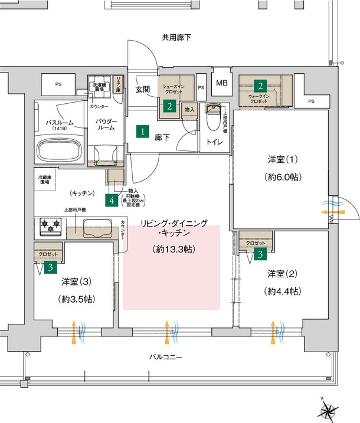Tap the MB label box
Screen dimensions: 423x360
[x=222, y=83]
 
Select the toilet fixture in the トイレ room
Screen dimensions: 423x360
[x=212, y=119]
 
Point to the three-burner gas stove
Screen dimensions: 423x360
[x=51, y=225]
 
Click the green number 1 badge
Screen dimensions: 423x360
[x=142, y=131]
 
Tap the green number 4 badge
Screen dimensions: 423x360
[x=112, y=200]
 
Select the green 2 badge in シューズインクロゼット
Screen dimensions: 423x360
[x=169, y=106]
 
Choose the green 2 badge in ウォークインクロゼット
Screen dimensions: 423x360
[x=259, y=84]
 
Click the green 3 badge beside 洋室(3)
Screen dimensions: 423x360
[x=51, y=267]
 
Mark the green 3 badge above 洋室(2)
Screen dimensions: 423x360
[x=260, y=254]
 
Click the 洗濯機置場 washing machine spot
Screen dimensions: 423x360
[x=99, y=87]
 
